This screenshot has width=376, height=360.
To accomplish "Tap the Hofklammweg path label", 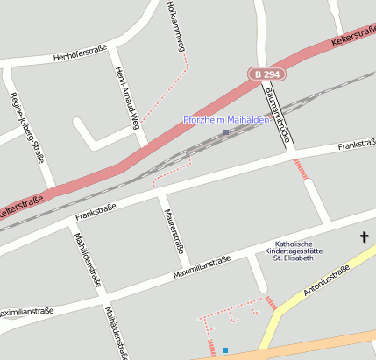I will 175,26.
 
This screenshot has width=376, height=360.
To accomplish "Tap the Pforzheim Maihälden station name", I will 225,119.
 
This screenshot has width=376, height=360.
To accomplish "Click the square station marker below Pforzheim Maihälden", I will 226,132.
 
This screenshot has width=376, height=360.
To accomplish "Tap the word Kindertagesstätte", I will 294,251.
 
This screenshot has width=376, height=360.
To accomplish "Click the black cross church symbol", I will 365,236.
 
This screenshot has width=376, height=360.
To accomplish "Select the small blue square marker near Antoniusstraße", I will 225,350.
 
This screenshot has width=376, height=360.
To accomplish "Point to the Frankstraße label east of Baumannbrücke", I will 356,145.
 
